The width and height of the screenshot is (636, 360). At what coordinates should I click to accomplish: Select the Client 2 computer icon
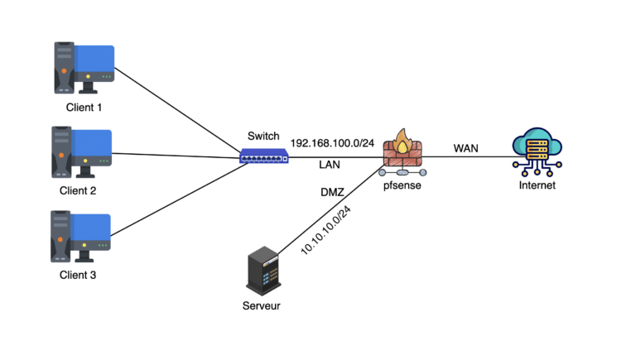coord(82,151)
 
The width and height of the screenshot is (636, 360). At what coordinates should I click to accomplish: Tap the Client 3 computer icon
coord(82,235)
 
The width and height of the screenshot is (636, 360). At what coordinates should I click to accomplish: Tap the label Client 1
coord(83,107)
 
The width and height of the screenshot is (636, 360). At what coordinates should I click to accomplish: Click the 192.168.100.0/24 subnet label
coord(333,142)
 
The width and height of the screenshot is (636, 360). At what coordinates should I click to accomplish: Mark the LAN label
coord(330,165)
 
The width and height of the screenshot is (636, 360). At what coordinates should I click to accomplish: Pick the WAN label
coord(465,148)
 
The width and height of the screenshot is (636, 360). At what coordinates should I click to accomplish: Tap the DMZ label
coord(332,192)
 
